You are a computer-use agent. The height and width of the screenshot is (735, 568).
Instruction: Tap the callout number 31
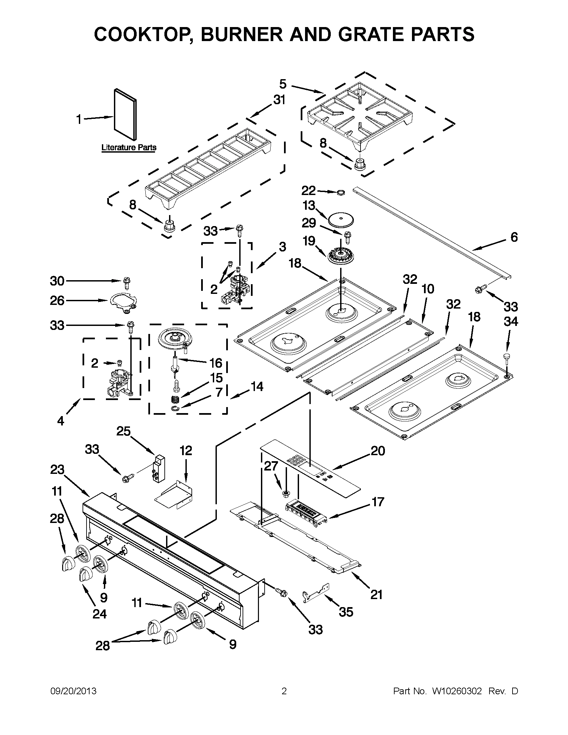279,100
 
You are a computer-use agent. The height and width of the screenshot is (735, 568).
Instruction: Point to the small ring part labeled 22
341,192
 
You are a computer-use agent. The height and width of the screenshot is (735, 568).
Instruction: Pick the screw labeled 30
127,283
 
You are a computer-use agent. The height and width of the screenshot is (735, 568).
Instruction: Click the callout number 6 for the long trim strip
514,237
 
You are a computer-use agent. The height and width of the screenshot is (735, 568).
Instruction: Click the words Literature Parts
129,147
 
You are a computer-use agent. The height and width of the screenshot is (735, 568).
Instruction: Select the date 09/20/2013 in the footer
74,691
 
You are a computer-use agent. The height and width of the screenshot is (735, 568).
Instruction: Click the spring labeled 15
175,400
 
